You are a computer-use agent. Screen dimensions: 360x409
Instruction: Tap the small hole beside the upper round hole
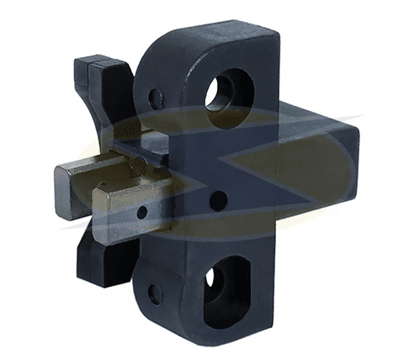[156, 98]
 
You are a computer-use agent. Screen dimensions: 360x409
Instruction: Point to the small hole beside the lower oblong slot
[155, 294]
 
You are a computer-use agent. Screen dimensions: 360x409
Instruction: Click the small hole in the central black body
[217, 200]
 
